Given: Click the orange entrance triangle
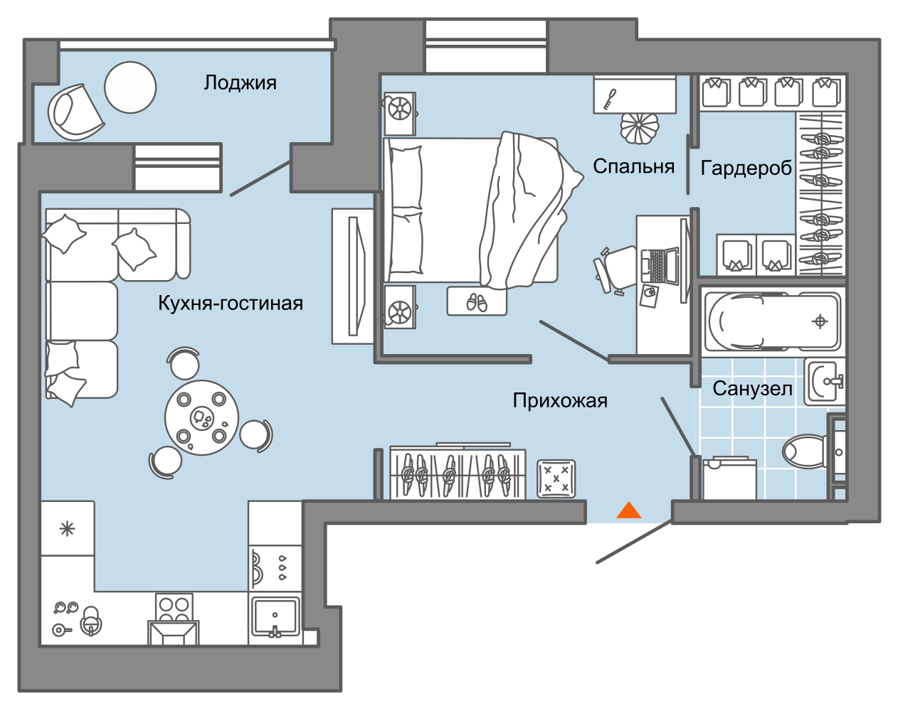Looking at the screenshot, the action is pyautogui.click(x=629, y=510).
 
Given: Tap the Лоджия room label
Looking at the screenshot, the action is pyautogui.click(x=240, y=83).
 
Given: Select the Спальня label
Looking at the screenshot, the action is pyautogui.click(x=633, y=166).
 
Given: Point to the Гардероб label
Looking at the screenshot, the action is pyautogui.click(x=746, y=169).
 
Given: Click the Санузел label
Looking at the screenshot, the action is pyautogui.click(x=752, y=389).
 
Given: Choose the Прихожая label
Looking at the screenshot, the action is pyautogui.click(x=560, y=400).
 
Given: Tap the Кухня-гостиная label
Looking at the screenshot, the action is pyautogui.click(x=231, y=303).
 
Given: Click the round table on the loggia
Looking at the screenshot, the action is pyautogui.click(x=130, y=87).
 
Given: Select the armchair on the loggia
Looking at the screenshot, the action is pyautogui.click(x=75, y=112).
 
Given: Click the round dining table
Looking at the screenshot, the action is pyautogui.click(x=201, y=417).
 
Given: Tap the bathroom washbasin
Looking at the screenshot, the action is pyautogui.click(x=825, y=382).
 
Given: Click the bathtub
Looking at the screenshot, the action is pyautogui.click(x=772, y=321).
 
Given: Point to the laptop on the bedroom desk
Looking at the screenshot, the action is pyautogui.click(x=660, y=266).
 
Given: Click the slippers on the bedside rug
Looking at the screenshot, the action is pyautogui.click(x=477, y=302).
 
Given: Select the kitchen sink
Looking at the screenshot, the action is pyautogui.click(x=275, y=617).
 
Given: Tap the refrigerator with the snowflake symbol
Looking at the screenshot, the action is pyautogui.click(x=67, y=529).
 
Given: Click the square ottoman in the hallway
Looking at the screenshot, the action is pyautogui.click(x=556, y=479).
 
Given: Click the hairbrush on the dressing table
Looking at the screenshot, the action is pyautogui.click(x=610, y=100).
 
